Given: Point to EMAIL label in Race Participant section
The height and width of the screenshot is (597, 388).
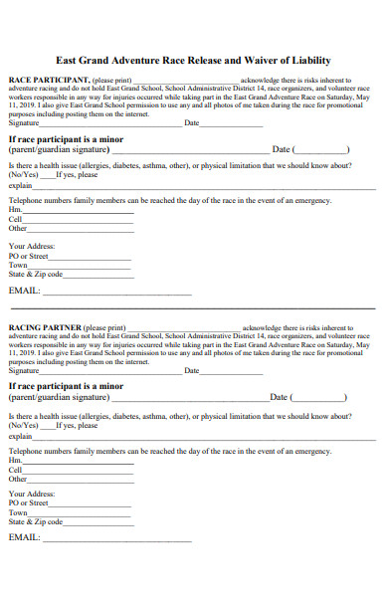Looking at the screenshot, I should pos(24,292).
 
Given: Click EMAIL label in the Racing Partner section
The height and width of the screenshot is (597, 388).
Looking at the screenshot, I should pos(24,537).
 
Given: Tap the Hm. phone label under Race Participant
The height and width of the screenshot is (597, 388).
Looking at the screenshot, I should pos(15,210).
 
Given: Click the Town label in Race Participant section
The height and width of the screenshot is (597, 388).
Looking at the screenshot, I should pos(18,265).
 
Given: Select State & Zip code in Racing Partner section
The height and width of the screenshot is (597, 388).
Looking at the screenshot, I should pos(36,521).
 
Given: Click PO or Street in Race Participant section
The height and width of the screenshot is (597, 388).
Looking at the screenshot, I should pos(28,256).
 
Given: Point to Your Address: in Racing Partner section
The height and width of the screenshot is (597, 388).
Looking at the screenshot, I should pos(32,494).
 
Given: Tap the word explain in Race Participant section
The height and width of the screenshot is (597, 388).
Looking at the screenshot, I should pos(20,185).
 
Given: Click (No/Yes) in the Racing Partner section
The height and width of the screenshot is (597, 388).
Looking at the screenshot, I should pos(22,424).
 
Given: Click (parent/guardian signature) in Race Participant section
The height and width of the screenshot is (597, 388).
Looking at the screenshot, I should pos(64,149).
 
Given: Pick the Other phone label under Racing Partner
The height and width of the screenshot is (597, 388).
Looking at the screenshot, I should pos(18,479).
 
